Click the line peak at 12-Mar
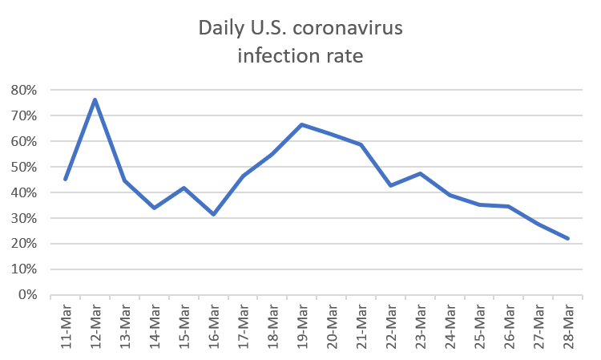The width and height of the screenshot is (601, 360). coord(95,99)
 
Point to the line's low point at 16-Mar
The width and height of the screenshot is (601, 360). coord(214,214)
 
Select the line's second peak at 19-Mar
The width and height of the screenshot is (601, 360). coord(302,124)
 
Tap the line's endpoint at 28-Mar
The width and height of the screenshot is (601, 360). coord(568,238)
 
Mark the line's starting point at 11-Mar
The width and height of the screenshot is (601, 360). coord(65,179)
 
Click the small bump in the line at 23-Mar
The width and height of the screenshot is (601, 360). coord(420,172)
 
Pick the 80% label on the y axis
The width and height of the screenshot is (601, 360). coord(23,90)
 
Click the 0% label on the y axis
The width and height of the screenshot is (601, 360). coord(26,295)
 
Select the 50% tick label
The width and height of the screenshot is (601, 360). coord(23,167)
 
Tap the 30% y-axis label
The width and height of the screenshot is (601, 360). coord(23,218)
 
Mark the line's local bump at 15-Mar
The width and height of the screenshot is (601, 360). coord(184,188)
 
